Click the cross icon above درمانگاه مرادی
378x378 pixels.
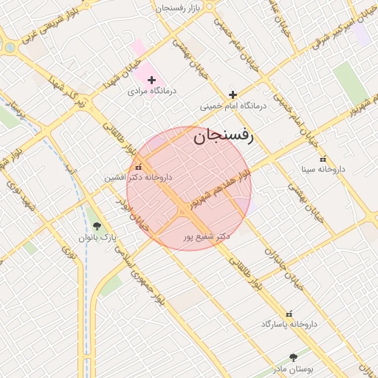click(152, 80)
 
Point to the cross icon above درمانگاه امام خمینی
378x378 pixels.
click(233, 94)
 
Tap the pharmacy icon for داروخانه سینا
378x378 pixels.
click(323, 158)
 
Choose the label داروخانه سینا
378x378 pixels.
click(323, 170)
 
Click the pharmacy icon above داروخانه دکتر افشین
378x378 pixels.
click(138, 167)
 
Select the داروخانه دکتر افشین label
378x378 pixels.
click(138, 178)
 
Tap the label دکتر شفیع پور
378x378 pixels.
click(207, 236)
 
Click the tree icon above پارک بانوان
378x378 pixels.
click(97, 227)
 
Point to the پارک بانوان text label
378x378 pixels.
click(97, 238)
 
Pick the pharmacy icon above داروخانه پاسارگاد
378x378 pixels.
click(289, 313)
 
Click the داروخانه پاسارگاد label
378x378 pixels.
click(289, 324)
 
